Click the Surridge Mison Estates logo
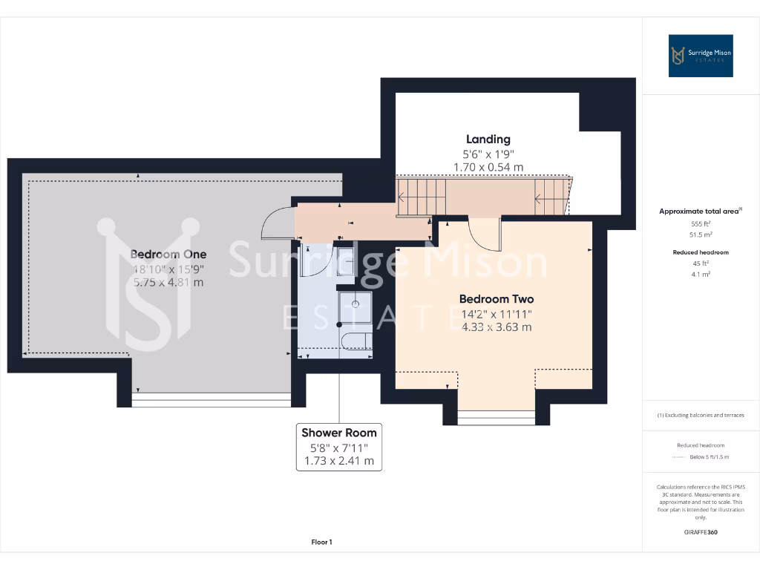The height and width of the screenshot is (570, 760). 701,56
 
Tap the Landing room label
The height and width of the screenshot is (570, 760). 488,139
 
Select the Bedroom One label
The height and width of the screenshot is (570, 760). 168,254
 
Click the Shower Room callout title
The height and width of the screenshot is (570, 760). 338,433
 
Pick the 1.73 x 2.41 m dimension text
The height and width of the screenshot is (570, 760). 338,462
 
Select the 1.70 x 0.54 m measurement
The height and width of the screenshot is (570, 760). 488,168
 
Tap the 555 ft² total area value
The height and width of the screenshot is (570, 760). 701,223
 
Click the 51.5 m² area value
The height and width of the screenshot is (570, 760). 701,234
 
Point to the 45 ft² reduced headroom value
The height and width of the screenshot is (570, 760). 701,263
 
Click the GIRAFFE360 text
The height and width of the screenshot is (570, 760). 701,532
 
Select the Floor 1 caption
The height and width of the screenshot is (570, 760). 321,543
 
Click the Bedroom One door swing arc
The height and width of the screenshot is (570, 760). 278,222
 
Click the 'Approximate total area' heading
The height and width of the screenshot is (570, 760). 699,212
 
